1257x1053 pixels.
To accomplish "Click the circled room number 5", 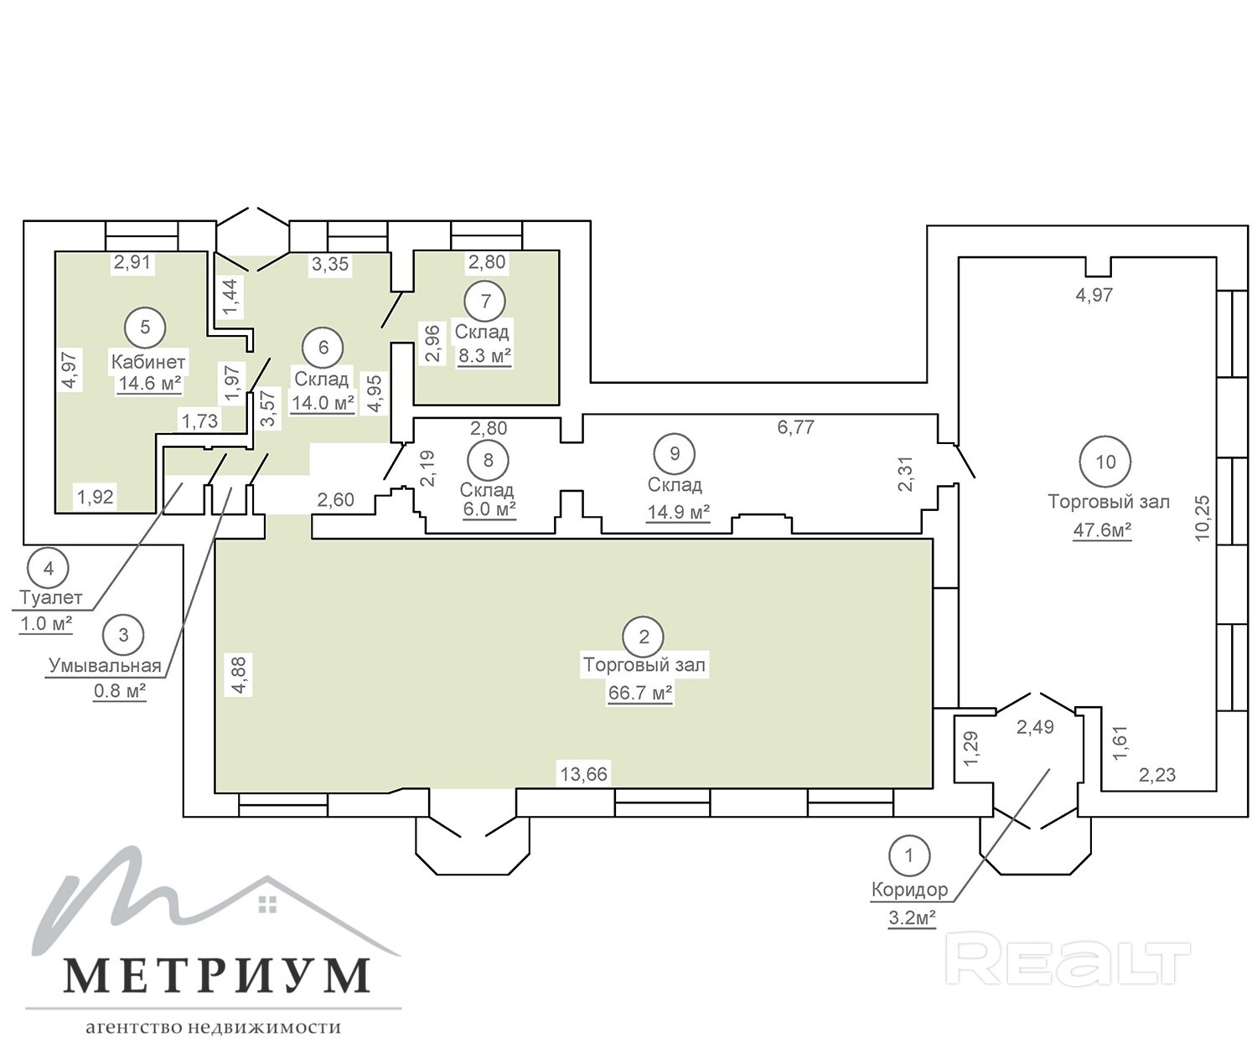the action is pos(145,328).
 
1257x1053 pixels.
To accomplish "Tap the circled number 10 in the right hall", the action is pos(1105,462).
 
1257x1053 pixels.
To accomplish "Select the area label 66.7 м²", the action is pos(640,693).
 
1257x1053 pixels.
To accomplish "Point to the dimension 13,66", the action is pos(584,773).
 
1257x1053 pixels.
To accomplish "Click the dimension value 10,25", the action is pos(1203,518).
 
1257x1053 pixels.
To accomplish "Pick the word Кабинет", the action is pos(148,362).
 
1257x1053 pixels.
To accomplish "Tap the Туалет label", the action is pos(50,597).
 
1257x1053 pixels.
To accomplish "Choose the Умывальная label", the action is pos(106,665).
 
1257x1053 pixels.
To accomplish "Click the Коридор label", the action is pos(909,890).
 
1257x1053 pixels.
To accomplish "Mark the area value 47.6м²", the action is pos(1102,530).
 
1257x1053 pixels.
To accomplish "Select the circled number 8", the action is pos(488,460).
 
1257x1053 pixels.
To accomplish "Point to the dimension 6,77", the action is pos(796,427).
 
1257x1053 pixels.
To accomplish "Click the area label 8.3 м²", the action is pos(484,356).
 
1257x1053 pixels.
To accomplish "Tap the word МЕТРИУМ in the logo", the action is pos(216,977).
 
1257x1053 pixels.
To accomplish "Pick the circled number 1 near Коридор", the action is pos(909,855).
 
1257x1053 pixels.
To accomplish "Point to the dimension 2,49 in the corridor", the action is pos(1036,727).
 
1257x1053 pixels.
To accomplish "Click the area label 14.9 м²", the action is pos(679,513).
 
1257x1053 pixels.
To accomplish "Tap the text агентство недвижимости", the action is pos(213,1027).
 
